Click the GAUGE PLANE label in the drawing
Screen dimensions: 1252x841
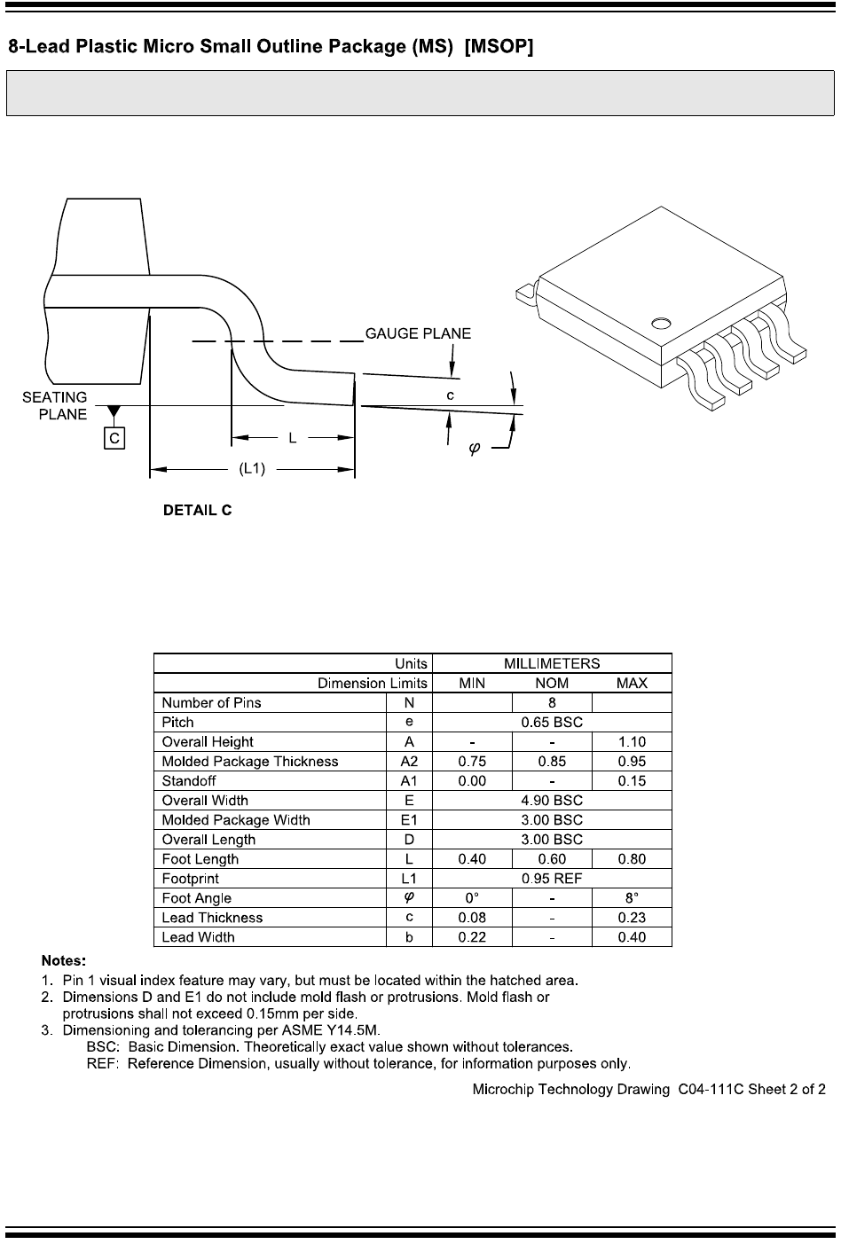click(x=419, y=334)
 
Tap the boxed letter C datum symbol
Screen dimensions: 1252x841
click(x=114, y=437)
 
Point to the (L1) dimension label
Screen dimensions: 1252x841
click(x=252, y=469)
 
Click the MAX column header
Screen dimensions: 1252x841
click(x=632, y=683)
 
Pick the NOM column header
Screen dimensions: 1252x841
click(x=552, y=683)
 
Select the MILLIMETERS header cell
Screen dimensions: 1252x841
click(x=552, y=663)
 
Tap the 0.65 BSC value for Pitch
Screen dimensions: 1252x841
click(x=552, y=722)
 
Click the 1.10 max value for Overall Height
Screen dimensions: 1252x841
click(x=632, y=741)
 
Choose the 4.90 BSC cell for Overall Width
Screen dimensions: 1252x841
click(x=552, y=800)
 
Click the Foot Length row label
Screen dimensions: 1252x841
click(x=200, y=859)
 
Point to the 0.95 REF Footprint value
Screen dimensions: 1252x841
click(x=552, y=878)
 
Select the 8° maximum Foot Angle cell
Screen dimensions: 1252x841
click(x=632, y=897)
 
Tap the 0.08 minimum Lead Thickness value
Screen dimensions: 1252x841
click(x=472, y=918)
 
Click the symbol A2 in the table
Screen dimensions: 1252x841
click(x=409, y=761)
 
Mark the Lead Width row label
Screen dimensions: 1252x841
click(x=199, y=937)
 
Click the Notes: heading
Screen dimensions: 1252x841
click(x=64, y=960)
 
